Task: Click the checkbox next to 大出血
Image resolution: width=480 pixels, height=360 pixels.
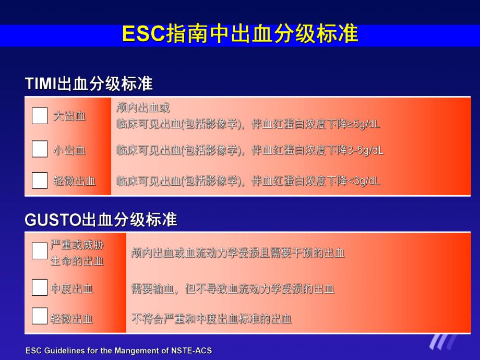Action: coord(40,116)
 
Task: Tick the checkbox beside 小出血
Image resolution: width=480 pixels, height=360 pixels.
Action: coord(40,149)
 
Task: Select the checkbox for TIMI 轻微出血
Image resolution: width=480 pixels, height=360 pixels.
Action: coord(40,180)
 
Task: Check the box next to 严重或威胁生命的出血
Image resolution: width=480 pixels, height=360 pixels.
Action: coord(40,251)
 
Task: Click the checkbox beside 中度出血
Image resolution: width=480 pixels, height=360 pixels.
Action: coord(40,287)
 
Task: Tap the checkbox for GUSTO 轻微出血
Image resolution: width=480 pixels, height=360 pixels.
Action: coord(40,316)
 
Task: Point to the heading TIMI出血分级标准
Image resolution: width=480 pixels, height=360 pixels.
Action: coord(89,84)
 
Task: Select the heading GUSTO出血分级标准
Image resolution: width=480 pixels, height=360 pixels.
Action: coord(101,220)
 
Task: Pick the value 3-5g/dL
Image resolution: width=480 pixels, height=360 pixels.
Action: coord(366,151)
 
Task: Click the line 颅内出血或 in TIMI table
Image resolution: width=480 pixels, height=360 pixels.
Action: coord(143,108)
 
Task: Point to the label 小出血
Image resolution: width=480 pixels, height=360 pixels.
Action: coord(69,151)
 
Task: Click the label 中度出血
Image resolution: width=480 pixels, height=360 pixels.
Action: coord(72,288)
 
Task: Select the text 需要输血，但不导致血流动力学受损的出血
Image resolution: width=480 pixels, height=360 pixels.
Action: coord(233,289)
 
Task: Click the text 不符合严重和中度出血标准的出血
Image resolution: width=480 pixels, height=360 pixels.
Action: coord(211,319)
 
